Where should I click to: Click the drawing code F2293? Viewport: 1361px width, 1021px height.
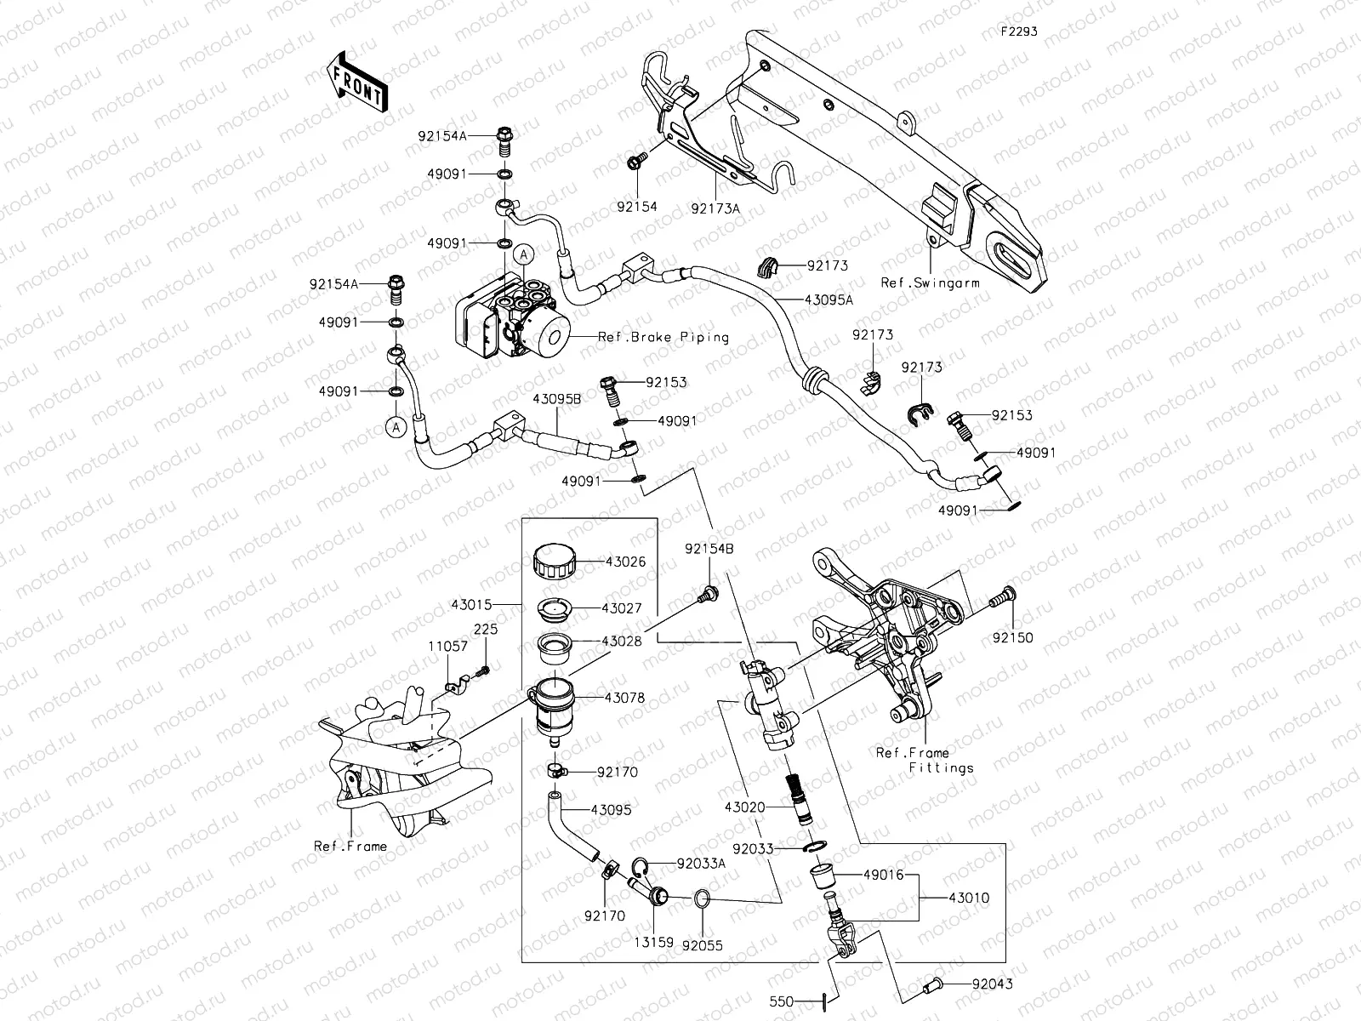[1018, 31]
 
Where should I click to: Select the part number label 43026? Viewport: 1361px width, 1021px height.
[625, 562]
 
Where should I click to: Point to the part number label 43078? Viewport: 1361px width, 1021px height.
[625, 698]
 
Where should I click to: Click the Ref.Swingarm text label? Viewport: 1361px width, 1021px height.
[930, 282]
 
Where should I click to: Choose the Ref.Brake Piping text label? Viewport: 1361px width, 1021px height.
[663, 337]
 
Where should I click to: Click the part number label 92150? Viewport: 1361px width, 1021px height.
[1012, 637]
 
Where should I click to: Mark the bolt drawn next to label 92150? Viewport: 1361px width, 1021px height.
[1001, 599]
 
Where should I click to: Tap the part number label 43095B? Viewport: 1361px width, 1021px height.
[557, 398]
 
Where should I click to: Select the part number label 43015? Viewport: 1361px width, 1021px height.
[473, 605]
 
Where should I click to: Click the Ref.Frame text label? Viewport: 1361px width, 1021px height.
[350, 846]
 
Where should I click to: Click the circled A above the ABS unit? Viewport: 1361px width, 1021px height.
[525, 253]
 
